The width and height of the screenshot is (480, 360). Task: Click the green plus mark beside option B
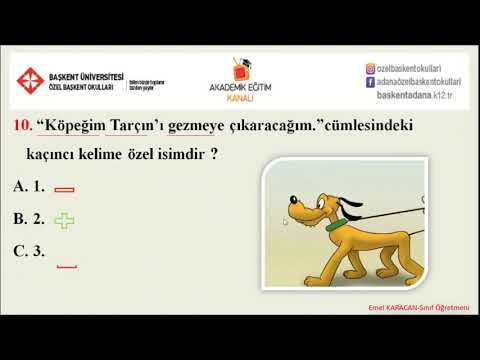pos(65,220)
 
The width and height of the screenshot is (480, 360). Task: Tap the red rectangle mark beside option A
pos(65,189)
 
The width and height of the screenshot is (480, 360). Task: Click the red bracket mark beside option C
pos(67,266)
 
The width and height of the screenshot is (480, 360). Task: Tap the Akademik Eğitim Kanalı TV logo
pos(239,69)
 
